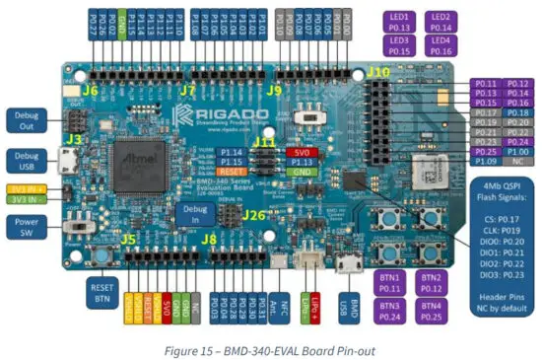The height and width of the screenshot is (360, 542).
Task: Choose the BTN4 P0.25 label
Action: click(x=435, y=312)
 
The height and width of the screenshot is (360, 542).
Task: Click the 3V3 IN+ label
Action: click(x=24, y=187)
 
